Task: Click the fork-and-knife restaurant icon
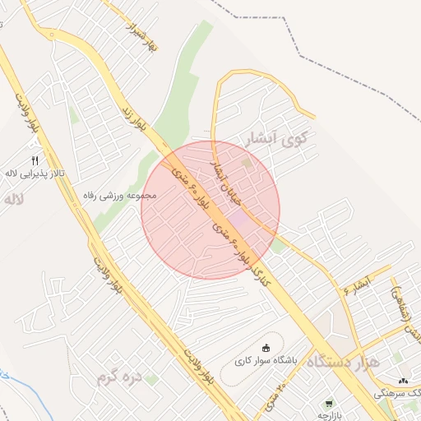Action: [35, 160]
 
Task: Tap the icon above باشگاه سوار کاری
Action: [265, 348]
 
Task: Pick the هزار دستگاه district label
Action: [344, 362]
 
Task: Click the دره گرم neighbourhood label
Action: [119, 377]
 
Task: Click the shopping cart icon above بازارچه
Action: [331, 404]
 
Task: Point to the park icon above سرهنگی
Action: [403, 381]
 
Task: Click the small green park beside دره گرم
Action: [153, 380]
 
